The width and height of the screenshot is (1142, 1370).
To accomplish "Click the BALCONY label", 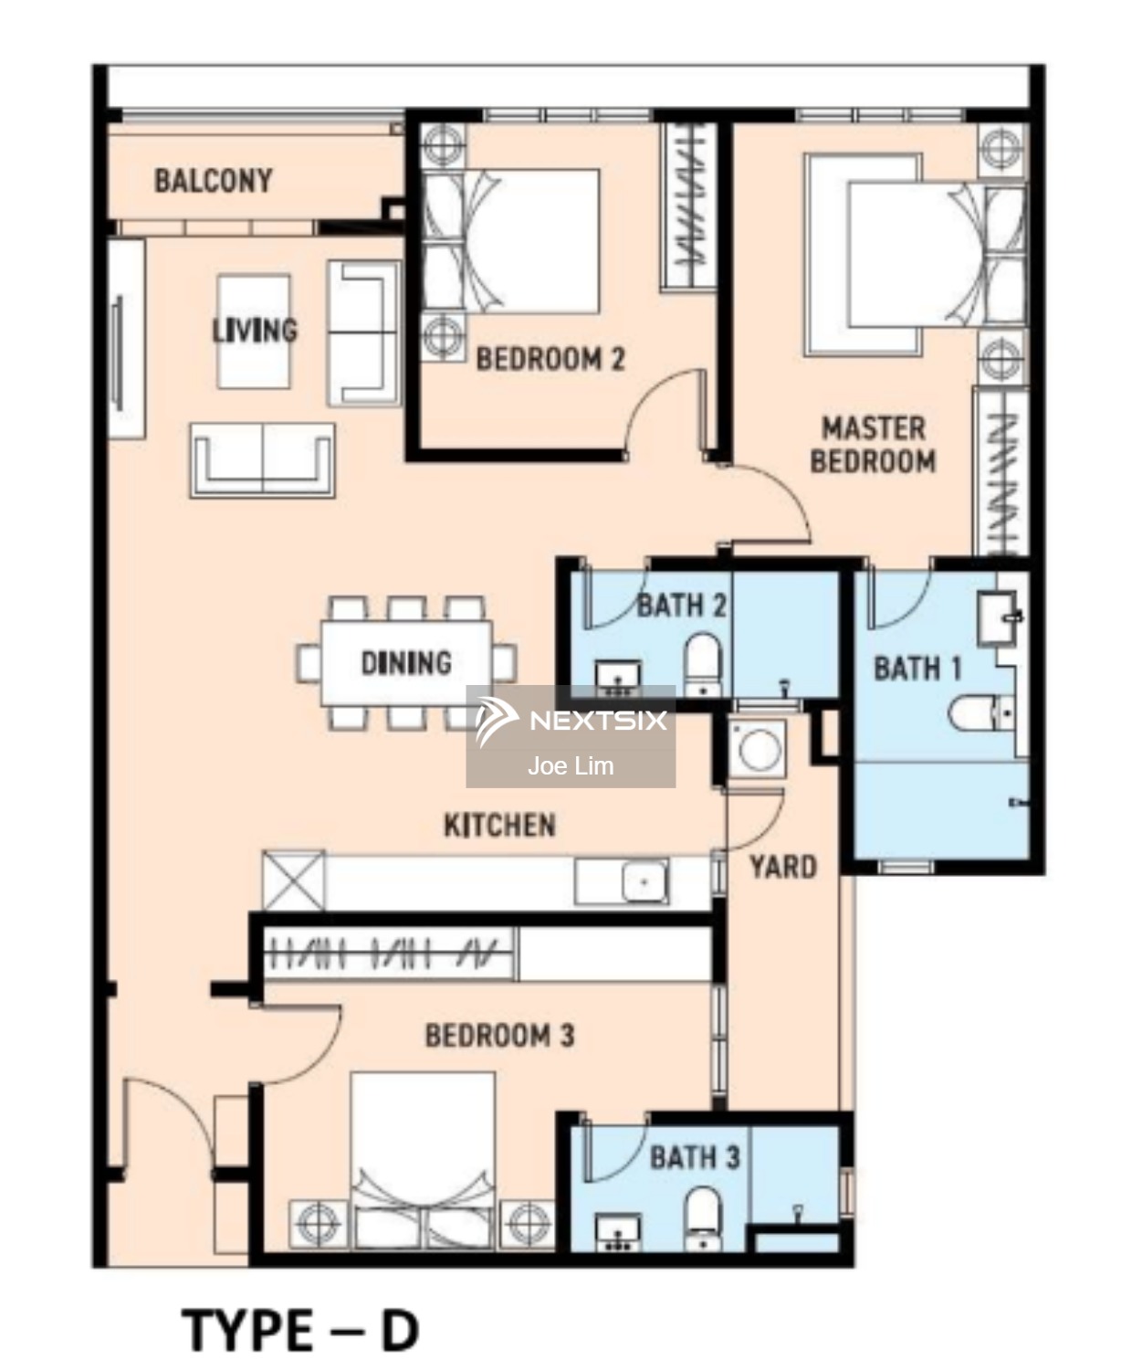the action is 214,181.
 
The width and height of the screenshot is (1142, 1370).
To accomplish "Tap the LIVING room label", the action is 255,330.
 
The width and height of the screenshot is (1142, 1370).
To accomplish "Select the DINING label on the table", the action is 407,663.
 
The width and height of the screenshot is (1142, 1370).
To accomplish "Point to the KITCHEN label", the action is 500,826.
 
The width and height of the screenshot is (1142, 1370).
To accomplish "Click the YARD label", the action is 783,868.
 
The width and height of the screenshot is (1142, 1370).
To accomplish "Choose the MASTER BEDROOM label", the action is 873,445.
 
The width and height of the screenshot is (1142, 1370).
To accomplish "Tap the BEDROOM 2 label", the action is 550,359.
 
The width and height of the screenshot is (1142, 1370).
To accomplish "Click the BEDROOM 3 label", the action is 500,1036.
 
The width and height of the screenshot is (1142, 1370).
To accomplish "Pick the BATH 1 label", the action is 917,669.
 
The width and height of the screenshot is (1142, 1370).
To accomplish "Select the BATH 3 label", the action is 695,1157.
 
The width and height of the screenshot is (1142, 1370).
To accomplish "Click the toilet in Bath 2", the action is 703,664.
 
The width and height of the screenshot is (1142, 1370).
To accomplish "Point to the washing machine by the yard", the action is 759,749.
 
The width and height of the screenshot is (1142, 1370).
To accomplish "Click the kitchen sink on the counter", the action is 644,882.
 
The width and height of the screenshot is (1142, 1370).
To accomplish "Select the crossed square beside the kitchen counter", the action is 293,880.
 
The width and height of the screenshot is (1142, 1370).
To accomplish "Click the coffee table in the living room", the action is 254,332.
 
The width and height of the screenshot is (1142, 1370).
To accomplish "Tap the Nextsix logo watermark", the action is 571,721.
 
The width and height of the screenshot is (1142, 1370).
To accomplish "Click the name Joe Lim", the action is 571,765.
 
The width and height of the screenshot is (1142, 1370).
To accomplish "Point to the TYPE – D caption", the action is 299,1330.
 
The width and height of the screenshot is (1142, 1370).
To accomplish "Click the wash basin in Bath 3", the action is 618,1231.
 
